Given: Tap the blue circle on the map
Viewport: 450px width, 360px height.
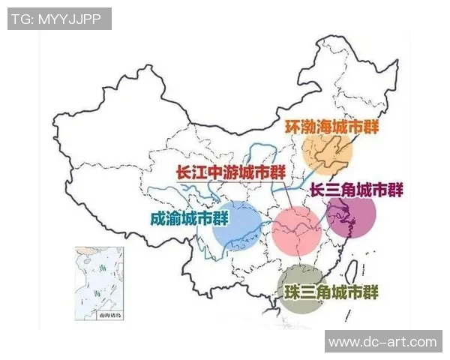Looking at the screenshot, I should [236, 224].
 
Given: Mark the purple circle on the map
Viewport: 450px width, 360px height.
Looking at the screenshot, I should [351, 217].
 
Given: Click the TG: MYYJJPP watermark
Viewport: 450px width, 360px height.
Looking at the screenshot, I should [59, 19].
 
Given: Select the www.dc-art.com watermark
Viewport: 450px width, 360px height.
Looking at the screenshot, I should [382, 341].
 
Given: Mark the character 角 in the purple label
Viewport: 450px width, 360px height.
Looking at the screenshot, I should [355, 190].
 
